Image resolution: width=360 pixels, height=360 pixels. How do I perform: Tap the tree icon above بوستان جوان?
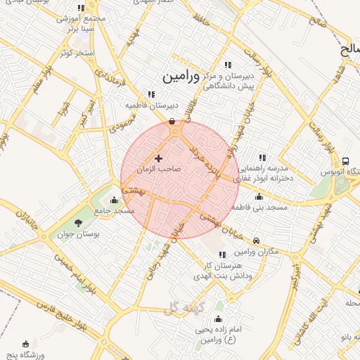(77, 223)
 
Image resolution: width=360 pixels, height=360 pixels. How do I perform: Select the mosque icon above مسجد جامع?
(115, 200)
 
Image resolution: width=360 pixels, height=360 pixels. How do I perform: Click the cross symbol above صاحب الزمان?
(158, 159)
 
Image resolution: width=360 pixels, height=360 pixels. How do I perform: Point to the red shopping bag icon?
(173, 122)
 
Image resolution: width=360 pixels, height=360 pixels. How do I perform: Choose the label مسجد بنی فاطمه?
(260, 207)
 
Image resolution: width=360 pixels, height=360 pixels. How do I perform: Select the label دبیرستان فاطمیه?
(152, 105)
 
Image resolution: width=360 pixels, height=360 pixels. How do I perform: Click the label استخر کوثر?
(77, 53)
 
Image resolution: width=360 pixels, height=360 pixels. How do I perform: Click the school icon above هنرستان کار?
(222, 255)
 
